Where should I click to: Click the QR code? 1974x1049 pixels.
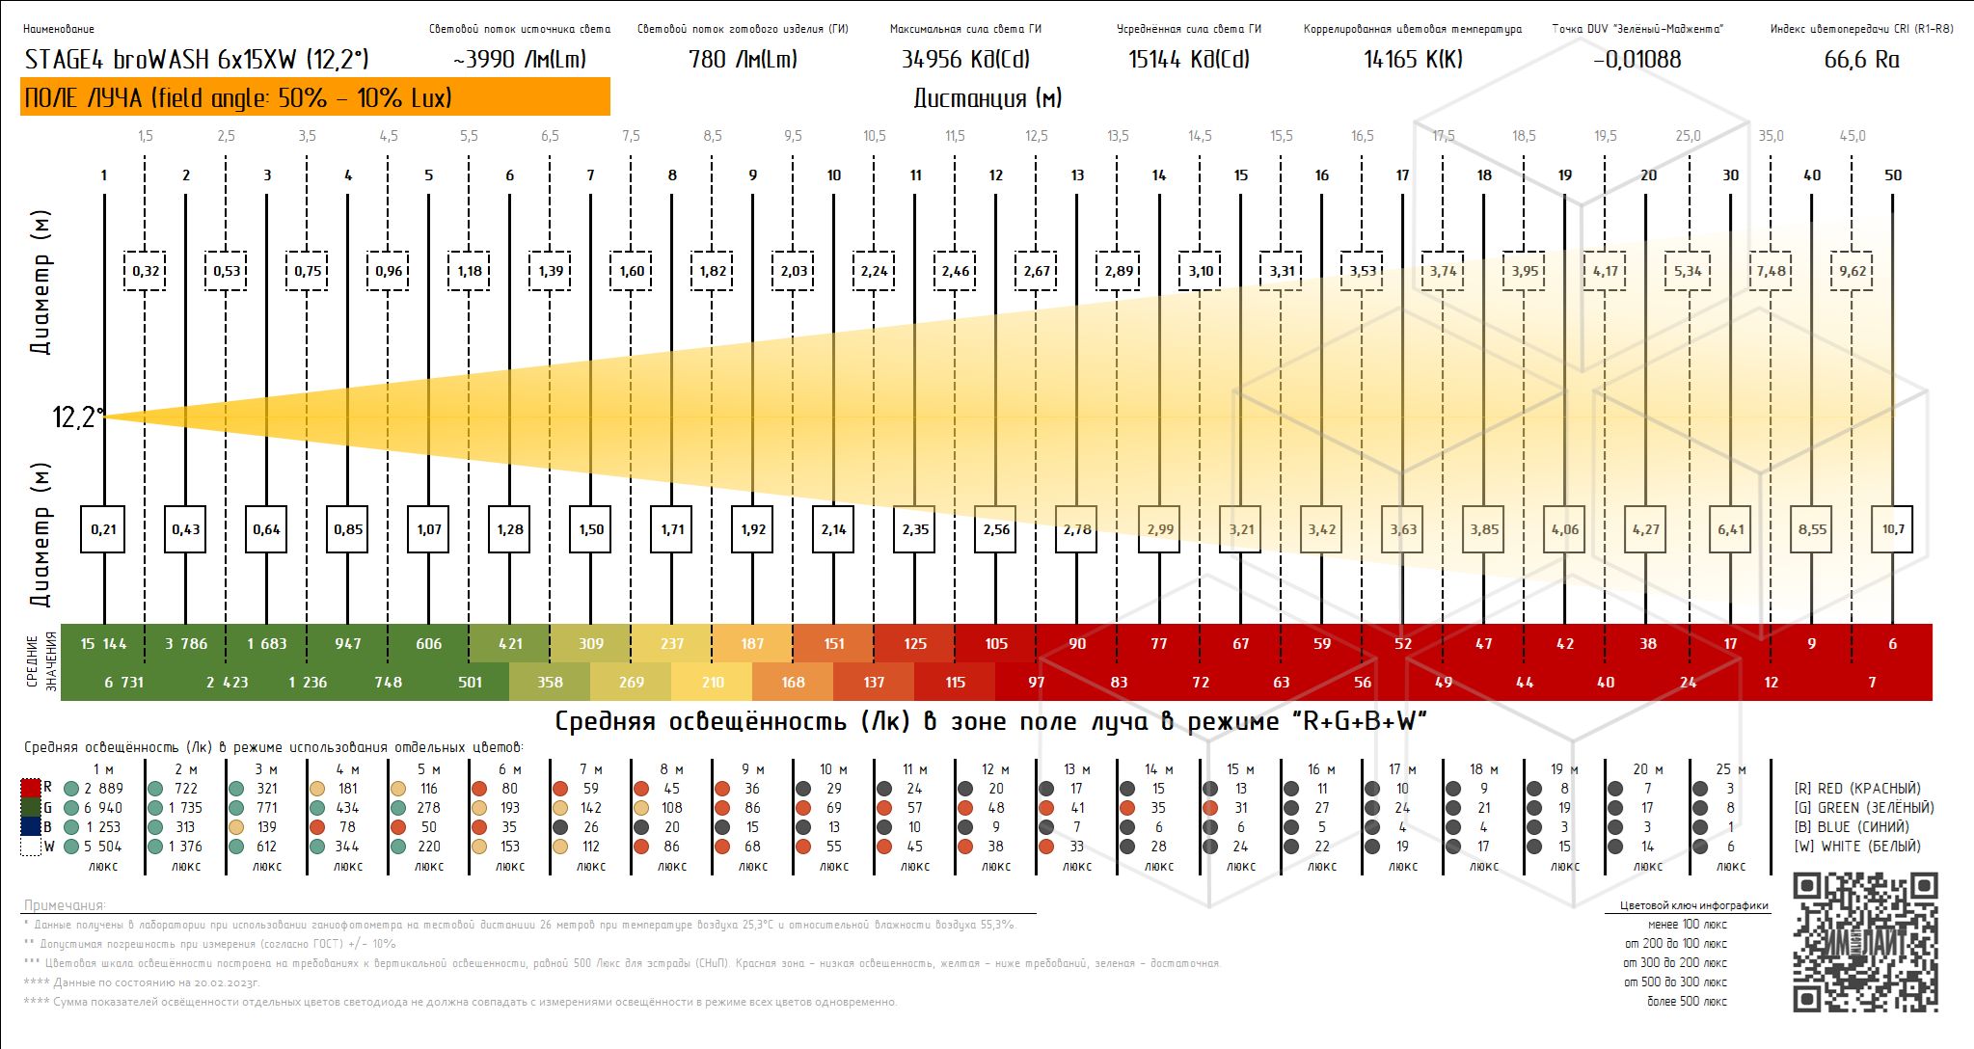click(1865, 943)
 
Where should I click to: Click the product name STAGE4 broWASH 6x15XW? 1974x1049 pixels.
click(197, 60)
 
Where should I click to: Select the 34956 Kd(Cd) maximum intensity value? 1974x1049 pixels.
click(965, 60)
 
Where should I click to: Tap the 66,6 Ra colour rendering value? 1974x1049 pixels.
click(1861, 60)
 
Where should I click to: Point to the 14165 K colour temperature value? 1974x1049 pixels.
click(1413, 60)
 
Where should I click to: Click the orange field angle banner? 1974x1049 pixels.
click(314, 97)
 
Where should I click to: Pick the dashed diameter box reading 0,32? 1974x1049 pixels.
click(146, 271)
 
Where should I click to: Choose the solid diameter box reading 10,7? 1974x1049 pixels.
click(1893, 529)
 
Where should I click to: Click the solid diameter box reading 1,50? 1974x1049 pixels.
click(591, 529)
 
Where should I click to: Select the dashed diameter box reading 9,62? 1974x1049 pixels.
click(1852, 271)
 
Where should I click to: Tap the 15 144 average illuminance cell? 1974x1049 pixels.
click(103, 644)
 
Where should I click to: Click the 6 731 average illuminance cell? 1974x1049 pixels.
click(123, 683)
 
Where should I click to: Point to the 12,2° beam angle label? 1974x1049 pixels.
click(77, 417)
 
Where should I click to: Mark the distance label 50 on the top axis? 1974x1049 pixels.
click(1893, 175)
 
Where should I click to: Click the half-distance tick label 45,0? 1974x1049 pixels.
click(1852, 136)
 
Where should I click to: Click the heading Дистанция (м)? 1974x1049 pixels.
click(987, 98)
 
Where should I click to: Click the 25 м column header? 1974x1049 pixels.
click(1730, 769)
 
